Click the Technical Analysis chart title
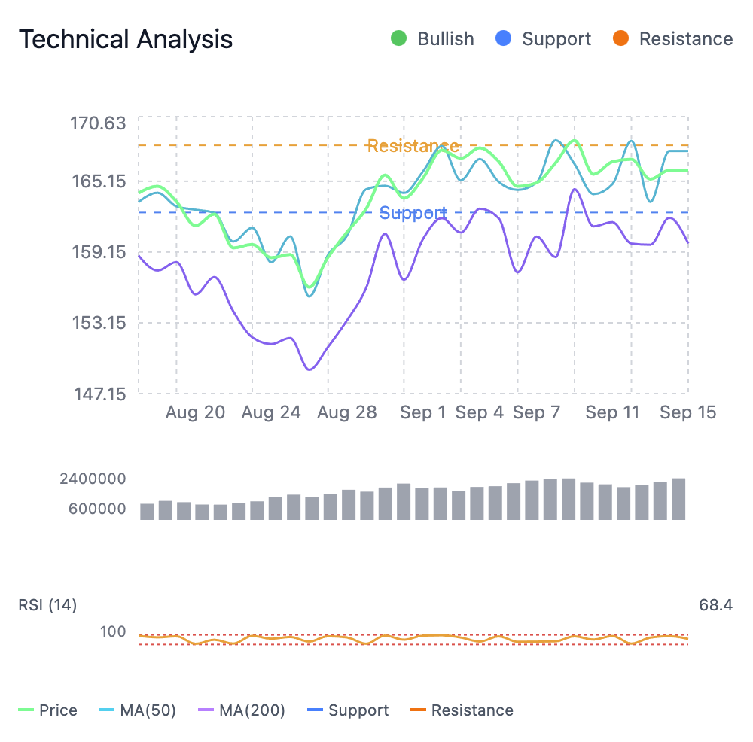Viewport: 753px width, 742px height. pos(126,39)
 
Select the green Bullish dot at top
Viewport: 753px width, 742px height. pos(399,39)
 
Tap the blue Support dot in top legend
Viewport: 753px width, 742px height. pos(504,39)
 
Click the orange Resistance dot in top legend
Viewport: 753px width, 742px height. pos(621,39)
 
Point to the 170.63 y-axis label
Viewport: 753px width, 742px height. pos(98,123)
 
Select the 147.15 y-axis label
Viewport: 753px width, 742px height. pos(98,393)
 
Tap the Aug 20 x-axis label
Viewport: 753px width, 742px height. pos(195,412)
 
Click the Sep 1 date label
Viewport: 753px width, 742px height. pos(422,412)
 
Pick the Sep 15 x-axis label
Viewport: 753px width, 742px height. pos(687,412)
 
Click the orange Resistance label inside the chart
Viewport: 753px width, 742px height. pos(413,146)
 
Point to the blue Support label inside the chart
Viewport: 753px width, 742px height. pos(413,213)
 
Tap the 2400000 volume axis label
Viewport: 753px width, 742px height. pos(93,479)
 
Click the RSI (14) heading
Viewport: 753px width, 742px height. pos(47,605)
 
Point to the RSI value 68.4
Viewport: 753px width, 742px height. pos(715,605)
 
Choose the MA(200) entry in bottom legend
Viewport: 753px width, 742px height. pos(252,710)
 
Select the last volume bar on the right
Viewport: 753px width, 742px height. pos(678,499)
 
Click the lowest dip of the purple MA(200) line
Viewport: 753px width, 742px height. pos(309,369)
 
